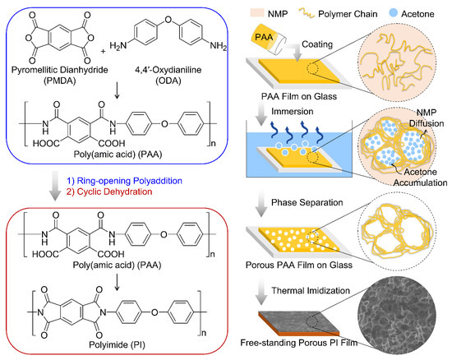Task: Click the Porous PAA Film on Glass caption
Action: [x=307, y=262]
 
